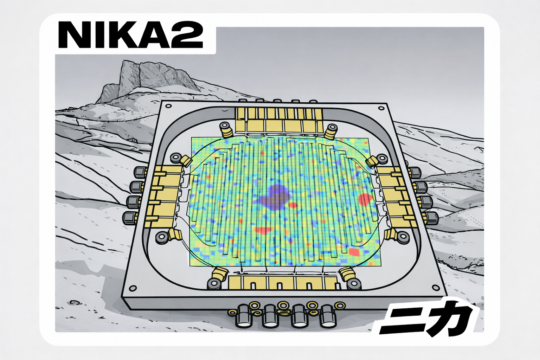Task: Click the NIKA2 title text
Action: pyautogui.click(x=130, y=35)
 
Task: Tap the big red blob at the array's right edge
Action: pyautogui.click(x=366, y=199)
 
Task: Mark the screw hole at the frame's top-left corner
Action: pyautogui.click(x=168, y=106)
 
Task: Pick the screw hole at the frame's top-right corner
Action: pyautogui.click(x=381, y=108)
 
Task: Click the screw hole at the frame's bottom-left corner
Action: pyautogui.click(x=133, y=288)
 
